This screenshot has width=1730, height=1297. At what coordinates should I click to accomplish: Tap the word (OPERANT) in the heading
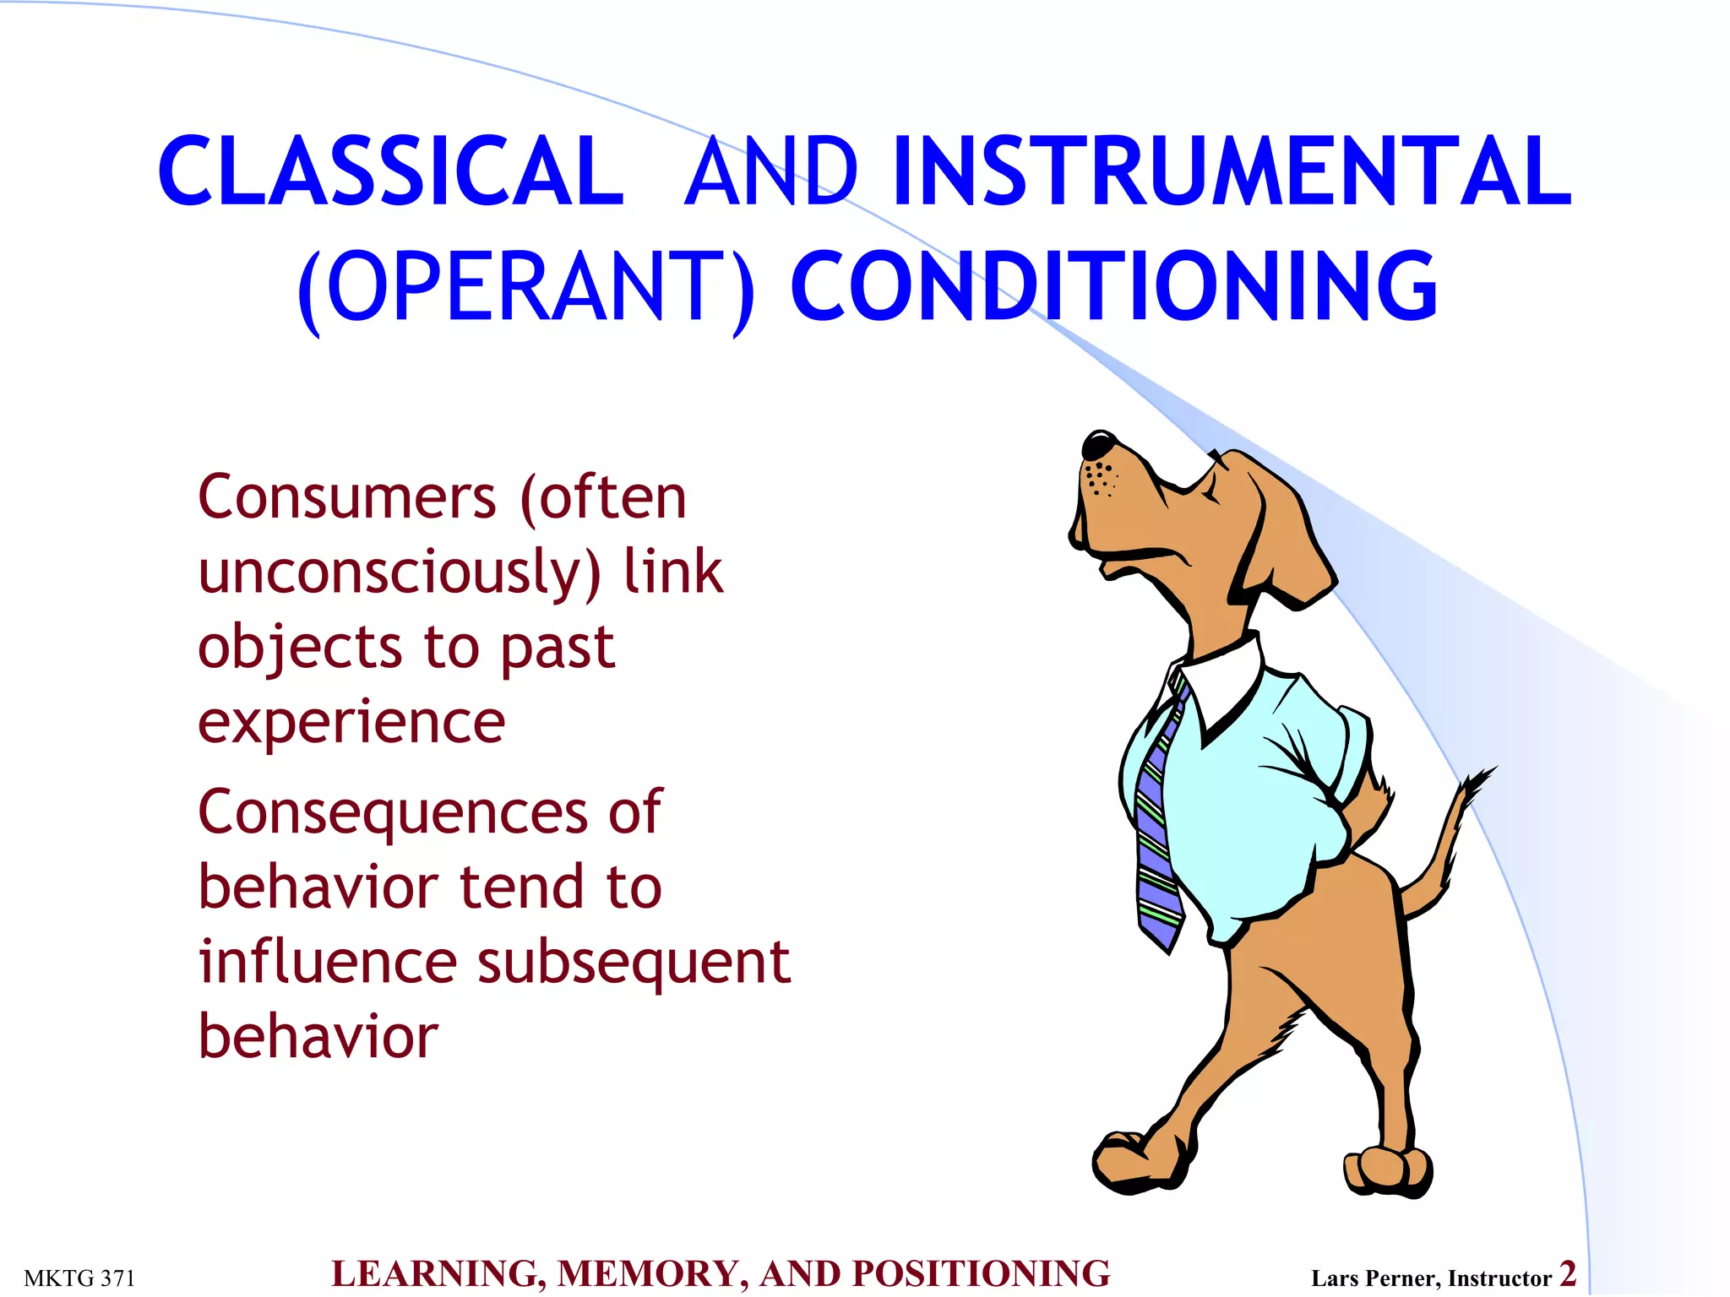525,287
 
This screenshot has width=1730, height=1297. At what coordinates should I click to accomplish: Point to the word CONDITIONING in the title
1113,287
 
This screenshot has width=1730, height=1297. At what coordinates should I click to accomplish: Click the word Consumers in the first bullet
346,497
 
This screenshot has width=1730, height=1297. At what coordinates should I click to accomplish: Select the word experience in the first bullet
351,723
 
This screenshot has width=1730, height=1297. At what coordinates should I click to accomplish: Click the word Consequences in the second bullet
393,813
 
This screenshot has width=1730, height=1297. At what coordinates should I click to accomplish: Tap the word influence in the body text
328,962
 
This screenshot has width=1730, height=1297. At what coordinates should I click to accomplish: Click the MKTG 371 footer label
79,1278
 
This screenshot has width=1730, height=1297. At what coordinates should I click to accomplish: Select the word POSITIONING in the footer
981,1274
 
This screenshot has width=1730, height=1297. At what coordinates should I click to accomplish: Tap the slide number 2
1568,1273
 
